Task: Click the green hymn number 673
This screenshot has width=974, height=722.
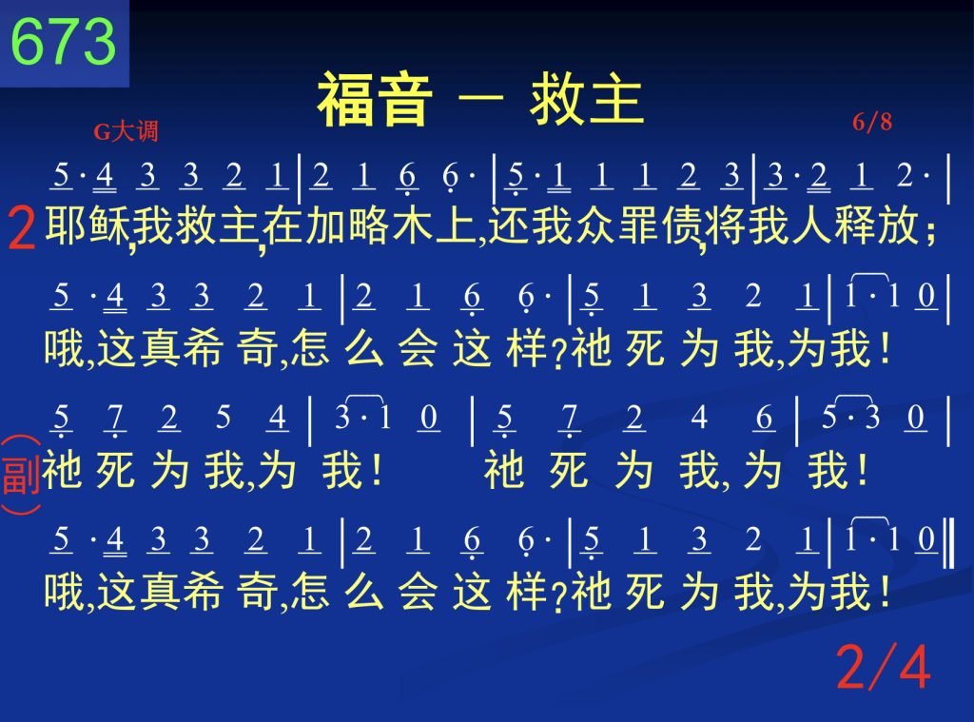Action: point(64,41)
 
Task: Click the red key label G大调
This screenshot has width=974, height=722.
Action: point(127,131)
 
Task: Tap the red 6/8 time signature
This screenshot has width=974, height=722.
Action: point(872,122)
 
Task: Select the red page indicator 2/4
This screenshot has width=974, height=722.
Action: point(883,667)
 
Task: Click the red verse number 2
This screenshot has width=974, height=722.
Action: point(22,228)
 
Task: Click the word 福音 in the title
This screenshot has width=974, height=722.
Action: point(375,100)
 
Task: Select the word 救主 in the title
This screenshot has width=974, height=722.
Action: point(586,100)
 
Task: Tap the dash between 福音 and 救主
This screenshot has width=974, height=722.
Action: point(480,98)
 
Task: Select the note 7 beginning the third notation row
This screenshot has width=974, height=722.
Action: point(114,418)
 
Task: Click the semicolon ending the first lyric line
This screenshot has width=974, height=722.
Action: point(929,233)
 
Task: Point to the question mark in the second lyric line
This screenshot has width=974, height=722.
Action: point(557,357)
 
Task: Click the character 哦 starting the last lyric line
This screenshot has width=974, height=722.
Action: point(64,592)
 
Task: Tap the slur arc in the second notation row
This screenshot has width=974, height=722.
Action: point(870,275)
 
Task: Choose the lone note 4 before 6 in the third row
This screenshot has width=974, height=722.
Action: point(699,417)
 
